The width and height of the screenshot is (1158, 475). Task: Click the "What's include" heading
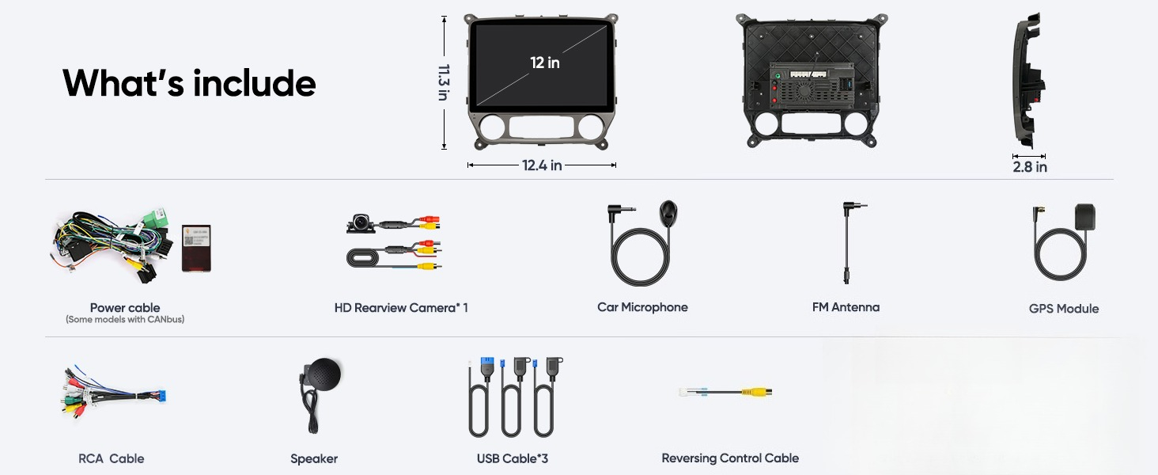point(189,83)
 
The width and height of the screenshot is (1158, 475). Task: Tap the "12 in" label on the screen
point(545,63)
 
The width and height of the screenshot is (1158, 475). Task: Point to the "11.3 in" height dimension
point(444,82)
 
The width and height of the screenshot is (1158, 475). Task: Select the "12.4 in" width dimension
point(542,165)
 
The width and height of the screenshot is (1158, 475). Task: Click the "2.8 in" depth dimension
point(1030,166)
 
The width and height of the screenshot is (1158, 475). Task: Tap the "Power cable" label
point(125,307)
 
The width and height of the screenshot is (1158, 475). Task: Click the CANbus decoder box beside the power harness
point(196,249)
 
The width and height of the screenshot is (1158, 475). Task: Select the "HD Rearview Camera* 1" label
point(401,308)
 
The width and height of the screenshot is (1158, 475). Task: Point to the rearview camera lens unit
point(361,223)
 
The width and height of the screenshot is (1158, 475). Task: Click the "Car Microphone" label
point(642,307)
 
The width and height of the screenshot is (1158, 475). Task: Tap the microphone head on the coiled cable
point(668,212)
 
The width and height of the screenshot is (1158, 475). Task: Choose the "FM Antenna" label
point(846,307)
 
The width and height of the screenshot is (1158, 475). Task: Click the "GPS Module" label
point(1064,309)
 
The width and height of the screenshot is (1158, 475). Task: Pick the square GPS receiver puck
point(1085,217)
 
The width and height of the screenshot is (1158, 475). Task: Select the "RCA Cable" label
point(112,458)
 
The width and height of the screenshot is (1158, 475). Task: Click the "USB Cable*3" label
point(513,458)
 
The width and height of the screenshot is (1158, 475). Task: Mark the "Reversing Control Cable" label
point(730,458)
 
